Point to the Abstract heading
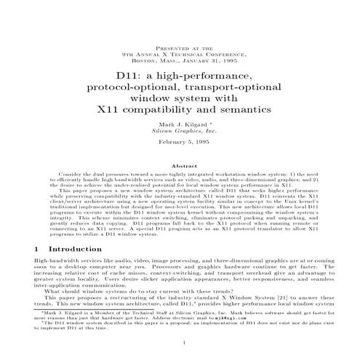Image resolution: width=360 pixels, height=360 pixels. coord(180,166)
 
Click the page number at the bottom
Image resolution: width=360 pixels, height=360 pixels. coord(180,343)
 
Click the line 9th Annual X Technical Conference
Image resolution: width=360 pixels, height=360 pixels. coord(180,54)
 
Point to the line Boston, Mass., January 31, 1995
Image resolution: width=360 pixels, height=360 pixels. coord(180,60)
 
